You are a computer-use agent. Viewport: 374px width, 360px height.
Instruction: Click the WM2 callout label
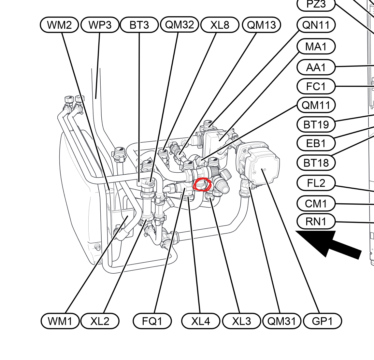(59, 25)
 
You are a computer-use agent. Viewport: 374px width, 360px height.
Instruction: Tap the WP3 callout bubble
(100, 25)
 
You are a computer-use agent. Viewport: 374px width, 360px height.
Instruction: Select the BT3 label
(139, 25)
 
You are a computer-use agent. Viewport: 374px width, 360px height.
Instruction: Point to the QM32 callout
(180, 24)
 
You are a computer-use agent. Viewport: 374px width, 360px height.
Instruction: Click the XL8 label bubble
(220, 25)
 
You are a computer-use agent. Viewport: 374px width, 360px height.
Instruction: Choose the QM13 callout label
(261, 25)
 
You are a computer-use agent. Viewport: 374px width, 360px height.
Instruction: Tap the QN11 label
(316, 25)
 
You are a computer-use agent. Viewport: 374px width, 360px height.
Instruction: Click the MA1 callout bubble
(316, 46)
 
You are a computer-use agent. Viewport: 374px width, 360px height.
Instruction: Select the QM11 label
(316, 105)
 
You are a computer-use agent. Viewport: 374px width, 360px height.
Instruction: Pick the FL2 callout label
(316, 183)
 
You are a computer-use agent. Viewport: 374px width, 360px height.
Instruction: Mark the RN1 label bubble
(316, 222)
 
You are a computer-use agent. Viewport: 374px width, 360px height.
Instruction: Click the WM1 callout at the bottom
(60, 321)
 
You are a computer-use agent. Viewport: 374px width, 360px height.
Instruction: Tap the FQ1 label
(152, 321)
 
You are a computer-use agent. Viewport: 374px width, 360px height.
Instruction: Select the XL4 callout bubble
(201, 321)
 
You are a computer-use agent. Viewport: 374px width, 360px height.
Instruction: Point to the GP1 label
(323, 321)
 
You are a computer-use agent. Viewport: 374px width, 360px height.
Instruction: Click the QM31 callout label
(282, 321)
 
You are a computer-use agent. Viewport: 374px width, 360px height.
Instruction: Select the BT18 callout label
(316, 163)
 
